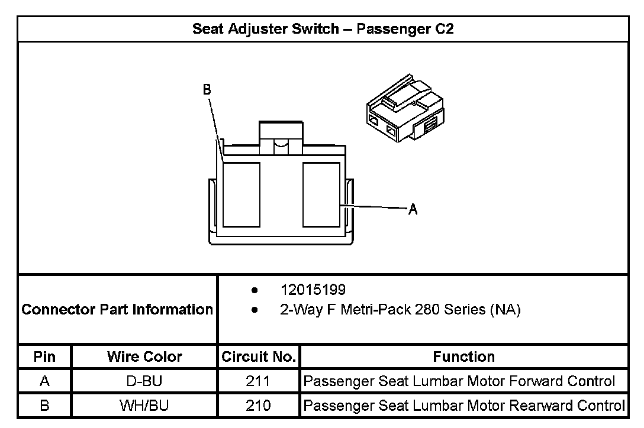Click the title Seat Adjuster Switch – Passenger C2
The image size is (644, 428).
(323, 29)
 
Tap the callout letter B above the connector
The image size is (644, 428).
(207, 90)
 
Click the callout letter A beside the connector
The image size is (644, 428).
(413, 209)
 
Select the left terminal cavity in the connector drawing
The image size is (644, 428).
(241, 194)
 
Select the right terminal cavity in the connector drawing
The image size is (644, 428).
(321, 194)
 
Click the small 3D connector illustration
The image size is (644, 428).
(404, 108)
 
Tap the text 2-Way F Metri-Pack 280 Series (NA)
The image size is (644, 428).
(400, 310)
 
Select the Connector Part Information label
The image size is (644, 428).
(117, 309)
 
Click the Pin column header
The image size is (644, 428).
(44, 356)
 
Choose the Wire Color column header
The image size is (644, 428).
(144, 356)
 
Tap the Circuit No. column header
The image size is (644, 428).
(259, 356)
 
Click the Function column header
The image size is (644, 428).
(464, 356)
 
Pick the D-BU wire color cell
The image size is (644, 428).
(144, 381)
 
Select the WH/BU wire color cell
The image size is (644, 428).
(144, 406)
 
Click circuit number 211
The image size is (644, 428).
(258, 381)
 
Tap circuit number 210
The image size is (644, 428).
(258, 406)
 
